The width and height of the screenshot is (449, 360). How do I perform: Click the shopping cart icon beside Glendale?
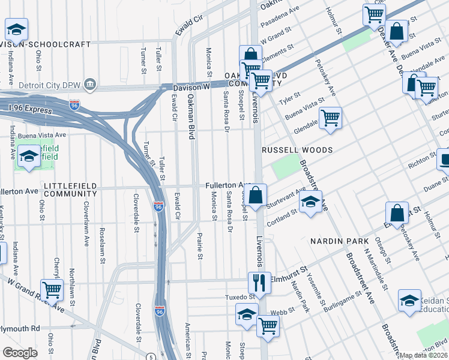tap(330, 118)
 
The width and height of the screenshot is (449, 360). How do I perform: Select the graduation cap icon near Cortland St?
tap(310, 203)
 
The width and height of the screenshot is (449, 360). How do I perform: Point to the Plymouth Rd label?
tap(19, 329)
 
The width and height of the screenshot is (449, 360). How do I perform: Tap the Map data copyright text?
tap(424, 355)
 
